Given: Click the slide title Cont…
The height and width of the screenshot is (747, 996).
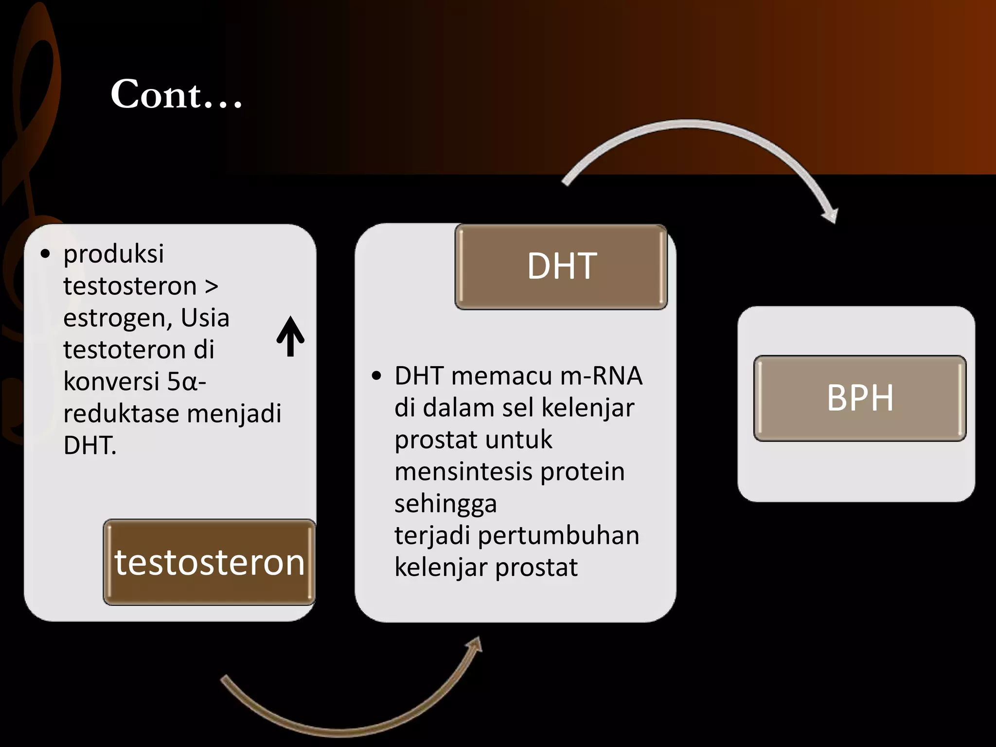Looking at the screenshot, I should [x=176, y=94].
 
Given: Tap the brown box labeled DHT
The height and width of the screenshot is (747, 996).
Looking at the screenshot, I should [x=561, y=267].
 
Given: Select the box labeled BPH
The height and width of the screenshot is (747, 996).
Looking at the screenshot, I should [x=859, y=398].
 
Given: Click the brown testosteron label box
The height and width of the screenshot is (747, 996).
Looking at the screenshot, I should [x=209, y=562].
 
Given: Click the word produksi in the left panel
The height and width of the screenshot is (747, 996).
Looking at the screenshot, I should [x=113, y=254].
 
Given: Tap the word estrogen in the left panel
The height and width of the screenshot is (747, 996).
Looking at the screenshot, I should [x=118, y=318].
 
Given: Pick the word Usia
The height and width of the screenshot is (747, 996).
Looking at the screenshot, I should [x=205, y=318].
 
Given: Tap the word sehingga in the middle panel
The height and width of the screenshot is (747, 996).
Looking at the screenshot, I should [x=445, y=504].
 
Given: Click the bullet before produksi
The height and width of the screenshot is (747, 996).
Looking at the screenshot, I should [x=45, y=254].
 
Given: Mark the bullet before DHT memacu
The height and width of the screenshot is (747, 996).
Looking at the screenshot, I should [x=376, y=376].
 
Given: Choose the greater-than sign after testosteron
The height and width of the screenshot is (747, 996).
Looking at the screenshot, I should [x=212, y=286].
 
